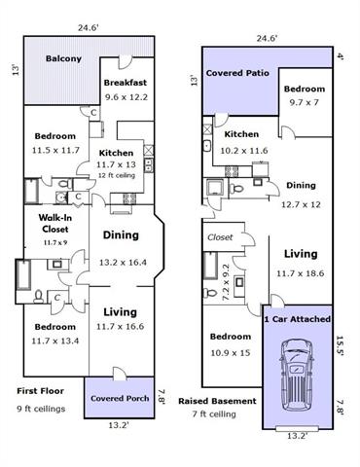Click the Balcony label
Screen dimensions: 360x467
point(63,58)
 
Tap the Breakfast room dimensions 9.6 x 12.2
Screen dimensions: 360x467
point(126,97)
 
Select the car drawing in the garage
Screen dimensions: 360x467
point(297,376)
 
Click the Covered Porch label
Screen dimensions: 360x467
point(120,398)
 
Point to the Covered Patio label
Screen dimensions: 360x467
point(237,73)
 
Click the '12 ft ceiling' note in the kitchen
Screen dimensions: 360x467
point(117,175)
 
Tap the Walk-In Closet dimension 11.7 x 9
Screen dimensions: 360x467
point(55,242)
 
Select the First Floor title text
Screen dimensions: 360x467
point(40,391)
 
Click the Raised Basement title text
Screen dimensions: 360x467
point(217,401)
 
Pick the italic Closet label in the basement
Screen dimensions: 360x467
point(220,237)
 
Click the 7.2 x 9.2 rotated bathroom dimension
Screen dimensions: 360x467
point(226,282)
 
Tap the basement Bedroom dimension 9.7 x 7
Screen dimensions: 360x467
point(304,102)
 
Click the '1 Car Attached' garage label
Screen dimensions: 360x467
point(298,319)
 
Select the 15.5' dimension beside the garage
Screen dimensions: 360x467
point(340,345)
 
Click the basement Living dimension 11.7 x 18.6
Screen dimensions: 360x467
point(300,273)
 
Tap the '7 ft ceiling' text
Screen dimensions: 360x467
point(214,414)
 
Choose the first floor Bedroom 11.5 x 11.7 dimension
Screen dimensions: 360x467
point(55,150)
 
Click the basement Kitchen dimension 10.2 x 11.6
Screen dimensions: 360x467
point(244,151)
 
